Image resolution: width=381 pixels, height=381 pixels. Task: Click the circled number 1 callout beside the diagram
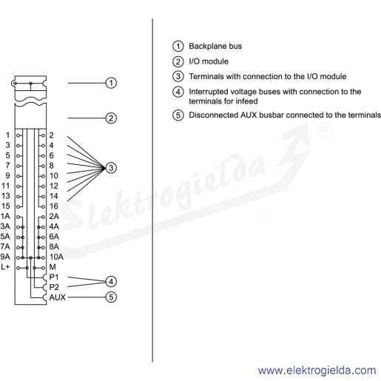click(x=111, y=83)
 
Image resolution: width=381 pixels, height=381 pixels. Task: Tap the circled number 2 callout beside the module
click(x=111, y=118)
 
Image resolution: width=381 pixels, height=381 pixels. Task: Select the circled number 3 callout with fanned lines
click(x=111, y=168)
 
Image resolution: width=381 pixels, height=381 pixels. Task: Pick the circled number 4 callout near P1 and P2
click(x=111, y=282)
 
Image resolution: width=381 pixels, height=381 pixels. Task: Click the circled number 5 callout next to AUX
click(x=111, y=297)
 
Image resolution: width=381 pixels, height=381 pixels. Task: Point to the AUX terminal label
click(x=58, y=297)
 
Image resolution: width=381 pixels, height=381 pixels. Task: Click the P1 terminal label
click(x=54, y=277)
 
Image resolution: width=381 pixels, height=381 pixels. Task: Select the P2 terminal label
click(x=54, y=287)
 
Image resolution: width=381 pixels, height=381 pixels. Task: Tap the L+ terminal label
click(x=5, y=267)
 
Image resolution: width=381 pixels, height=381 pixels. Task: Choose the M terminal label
click(x=53, y=267)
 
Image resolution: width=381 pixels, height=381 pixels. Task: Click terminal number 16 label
click(x=54, y=206)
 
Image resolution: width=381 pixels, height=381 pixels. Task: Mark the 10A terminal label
click(x=56, y=257)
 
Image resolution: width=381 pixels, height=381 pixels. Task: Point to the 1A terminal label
click(x=5, y=216)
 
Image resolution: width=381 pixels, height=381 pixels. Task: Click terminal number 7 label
click(x=7, y=165)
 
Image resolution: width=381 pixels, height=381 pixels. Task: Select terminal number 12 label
click(x=54, y=186)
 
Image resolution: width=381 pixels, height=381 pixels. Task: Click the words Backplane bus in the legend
click(x=215, y=46)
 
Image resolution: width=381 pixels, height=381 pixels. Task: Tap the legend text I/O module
click(x=209, y=61)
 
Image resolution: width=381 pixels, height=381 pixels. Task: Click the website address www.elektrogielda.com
click(x=317, y=371)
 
